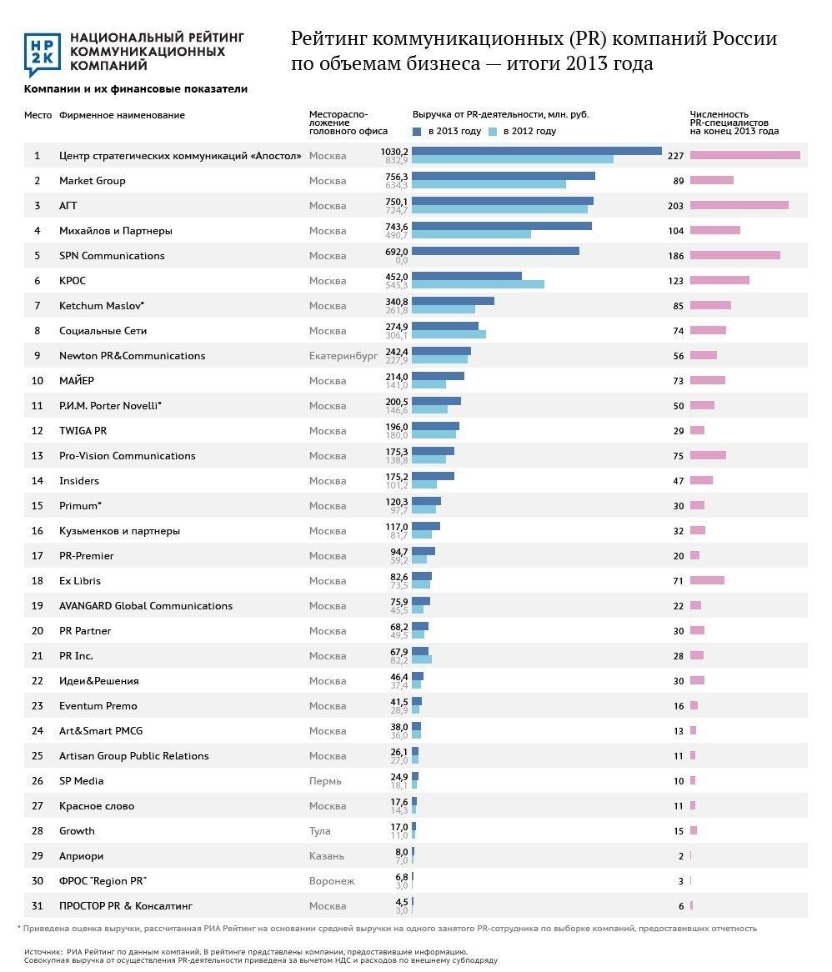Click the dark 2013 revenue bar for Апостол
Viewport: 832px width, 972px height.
point(536,151)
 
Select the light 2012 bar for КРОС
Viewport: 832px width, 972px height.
point(478,284)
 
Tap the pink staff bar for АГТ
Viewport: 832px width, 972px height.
point(739,205)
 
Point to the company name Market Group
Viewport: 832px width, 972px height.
point(93,181)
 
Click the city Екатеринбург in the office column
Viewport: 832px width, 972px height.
point(343,356)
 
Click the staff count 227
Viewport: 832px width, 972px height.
point(675,156)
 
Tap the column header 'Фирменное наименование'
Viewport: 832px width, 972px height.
point(122,115)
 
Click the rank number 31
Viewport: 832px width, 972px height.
point(37,906)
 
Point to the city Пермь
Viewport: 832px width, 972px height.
point(324,781)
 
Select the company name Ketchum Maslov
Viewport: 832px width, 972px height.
point(101,306)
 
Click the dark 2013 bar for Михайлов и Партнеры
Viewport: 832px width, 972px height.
point(502,226)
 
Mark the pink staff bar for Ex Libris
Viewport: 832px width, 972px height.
point(707,580)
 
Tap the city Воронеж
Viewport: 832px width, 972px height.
point(332,881)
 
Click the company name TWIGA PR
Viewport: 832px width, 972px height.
point(83,431)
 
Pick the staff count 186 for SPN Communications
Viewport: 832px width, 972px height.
point(675,256)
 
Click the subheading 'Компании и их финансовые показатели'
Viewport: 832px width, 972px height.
point(136,89)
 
